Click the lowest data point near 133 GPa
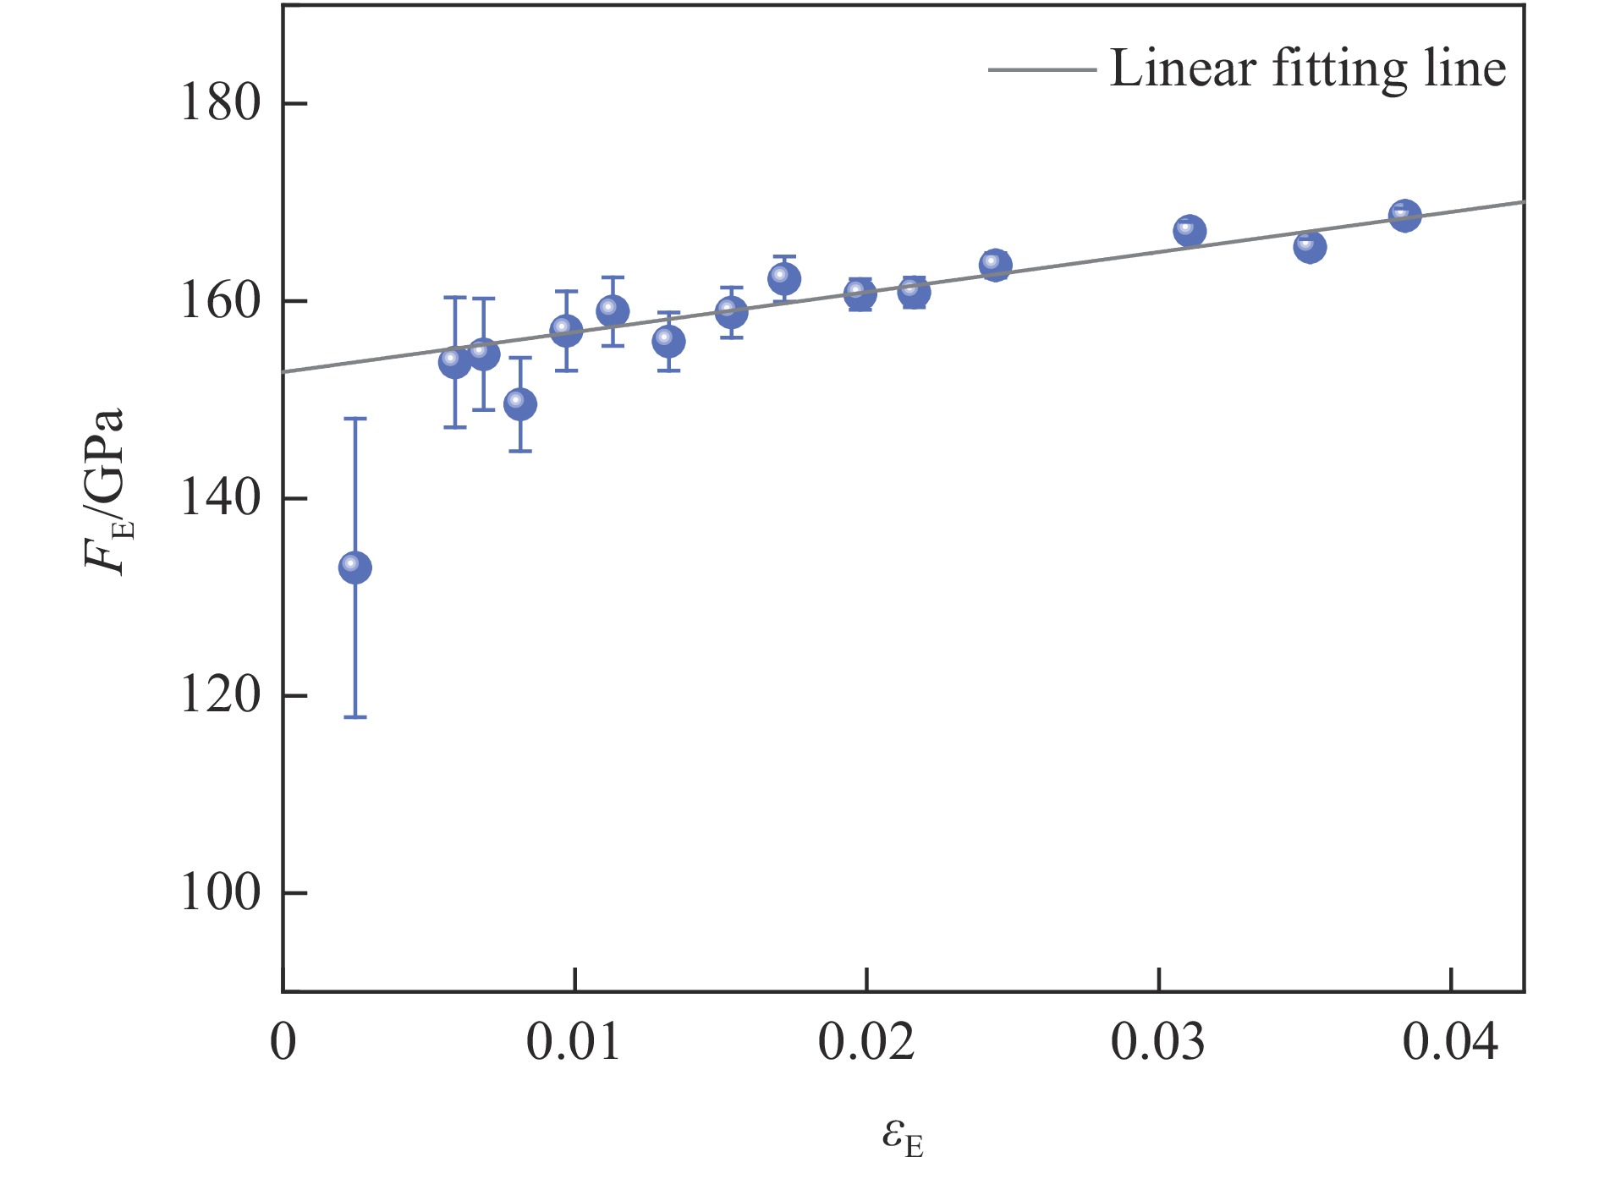coord(354,567)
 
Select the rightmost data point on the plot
coord(1404,216)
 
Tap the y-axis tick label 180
coord(220,103)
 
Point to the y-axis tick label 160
coord(220,301)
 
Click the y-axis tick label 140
coord(220,498)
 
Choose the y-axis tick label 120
coord(220,695)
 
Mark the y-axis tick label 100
coord(220,893)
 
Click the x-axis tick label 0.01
coord(574,1042)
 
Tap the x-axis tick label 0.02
coord(865,1042)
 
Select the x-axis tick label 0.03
coord(1157,1042)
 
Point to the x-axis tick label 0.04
coord(1450,1042)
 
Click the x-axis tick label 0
coord(283,1042)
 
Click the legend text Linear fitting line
coord(1307,69)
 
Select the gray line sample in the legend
coord(1042,69)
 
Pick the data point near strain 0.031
coord(1190,231)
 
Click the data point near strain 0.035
coord(1310,247)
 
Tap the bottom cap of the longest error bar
coord(354,717)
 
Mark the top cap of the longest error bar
coord(354,419)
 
